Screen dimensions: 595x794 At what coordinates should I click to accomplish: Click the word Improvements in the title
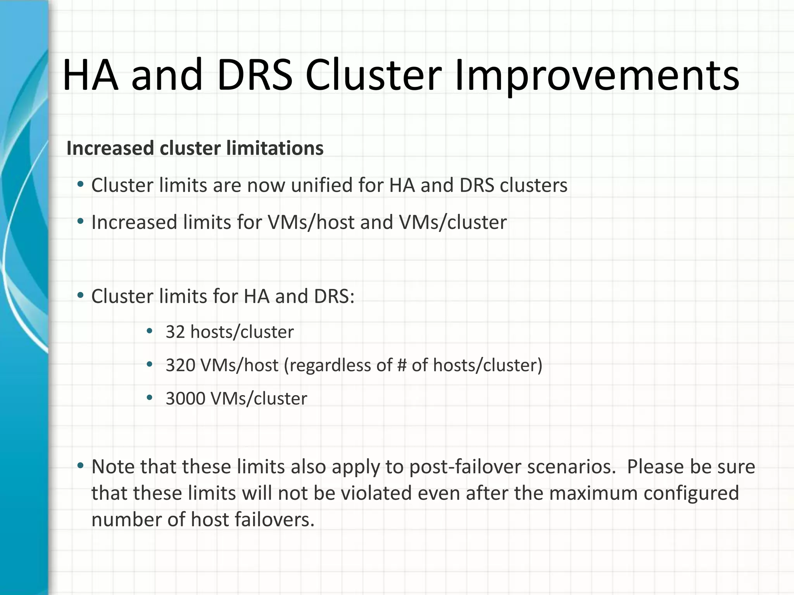pos(597,76)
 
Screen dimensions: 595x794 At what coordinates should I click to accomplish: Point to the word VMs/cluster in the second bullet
pos(452,222)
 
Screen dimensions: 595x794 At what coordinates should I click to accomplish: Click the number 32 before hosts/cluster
pos(175,332)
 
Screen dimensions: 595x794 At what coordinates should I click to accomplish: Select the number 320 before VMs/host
pos(180,365)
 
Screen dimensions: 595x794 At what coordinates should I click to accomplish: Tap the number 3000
pos(185,399)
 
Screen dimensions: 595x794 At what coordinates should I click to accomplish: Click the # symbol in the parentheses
pos(402,365)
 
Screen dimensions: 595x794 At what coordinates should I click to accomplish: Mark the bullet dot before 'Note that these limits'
pos(80,465)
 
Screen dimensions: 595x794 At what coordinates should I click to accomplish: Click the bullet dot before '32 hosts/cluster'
pos(150,331)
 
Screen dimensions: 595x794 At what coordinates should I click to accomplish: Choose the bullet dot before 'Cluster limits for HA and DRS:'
pos(80,296)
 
